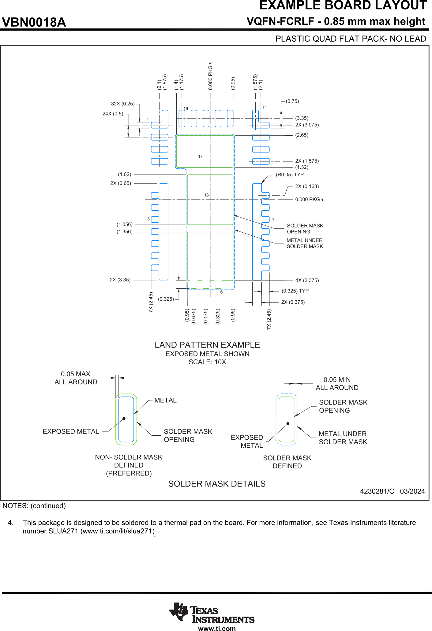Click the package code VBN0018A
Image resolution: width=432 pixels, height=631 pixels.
34,22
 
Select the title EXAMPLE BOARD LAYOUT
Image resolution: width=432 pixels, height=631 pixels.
343,6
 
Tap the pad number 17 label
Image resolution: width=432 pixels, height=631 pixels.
200,156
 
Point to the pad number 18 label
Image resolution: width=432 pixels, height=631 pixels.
206,195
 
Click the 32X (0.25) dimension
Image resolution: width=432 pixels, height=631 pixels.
123,104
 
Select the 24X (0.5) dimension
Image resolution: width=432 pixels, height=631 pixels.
113,114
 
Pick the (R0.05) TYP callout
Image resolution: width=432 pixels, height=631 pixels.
290,175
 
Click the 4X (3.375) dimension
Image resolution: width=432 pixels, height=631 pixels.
307,280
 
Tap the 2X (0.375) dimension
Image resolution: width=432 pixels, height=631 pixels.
293,302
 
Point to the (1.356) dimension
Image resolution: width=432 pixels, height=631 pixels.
125,232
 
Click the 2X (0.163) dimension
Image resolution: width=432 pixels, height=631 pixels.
307,186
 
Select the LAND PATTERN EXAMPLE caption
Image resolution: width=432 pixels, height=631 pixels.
207,345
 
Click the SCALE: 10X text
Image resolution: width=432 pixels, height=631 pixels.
207,362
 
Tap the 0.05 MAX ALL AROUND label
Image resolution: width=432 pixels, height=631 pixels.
76,378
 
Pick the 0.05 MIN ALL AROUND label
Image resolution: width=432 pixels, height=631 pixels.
337,384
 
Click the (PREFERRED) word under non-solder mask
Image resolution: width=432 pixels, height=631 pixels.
129,473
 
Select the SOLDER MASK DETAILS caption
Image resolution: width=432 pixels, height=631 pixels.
217,484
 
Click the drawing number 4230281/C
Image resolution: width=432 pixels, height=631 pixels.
377,491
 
